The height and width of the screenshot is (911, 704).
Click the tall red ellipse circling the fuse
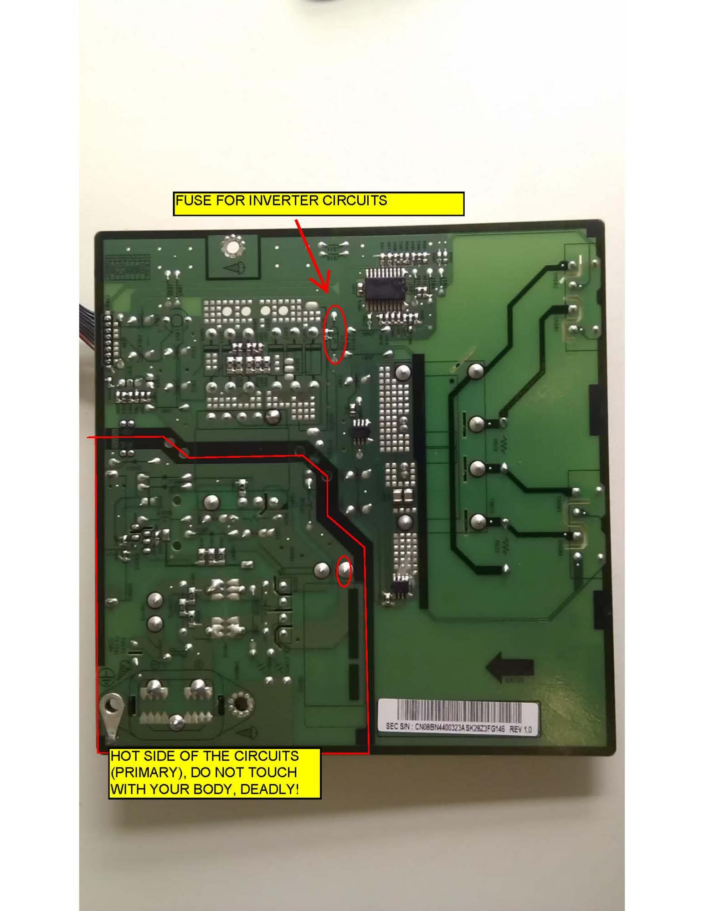pyautogui.click(x=336, y=333)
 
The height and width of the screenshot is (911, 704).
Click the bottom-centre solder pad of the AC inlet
pyautogui.click(x=177, y=721)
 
